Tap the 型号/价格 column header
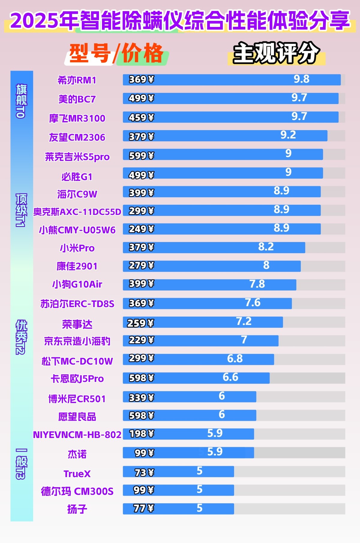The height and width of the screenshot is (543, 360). (x=116, y=53)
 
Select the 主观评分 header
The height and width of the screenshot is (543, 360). (x=276, y=53)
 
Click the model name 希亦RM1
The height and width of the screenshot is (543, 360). (x=77, y=80)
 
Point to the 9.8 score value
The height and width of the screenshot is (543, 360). (x=301, y=79)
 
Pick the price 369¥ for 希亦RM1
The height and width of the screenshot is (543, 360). (x=141, y=80)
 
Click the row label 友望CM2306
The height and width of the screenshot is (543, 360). (x=77, y=137)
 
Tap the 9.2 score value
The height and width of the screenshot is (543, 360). (x=288, y=135)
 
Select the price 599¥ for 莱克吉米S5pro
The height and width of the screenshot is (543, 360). (x=141, y=156)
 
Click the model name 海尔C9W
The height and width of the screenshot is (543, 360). (x=77, y=194)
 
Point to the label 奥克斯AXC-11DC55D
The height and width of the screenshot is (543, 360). (x=77, y=212)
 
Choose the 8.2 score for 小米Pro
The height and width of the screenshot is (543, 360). (x=266, y=247)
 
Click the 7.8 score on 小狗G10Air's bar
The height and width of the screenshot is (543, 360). (x=257, y=284)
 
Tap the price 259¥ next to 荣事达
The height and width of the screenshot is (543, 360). (x=140, y=323)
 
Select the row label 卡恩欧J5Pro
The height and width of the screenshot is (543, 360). (x=77, y=379)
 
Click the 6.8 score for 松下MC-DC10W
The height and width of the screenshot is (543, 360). (x=235, y=359)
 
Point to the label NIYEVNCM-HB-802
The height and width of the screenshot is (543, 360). (x=77, y=435)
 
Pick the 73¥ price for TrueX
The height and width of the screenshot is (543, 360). (x=144, y=473)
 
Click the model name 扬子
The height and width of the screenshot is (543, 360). (x=77, y=509)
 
